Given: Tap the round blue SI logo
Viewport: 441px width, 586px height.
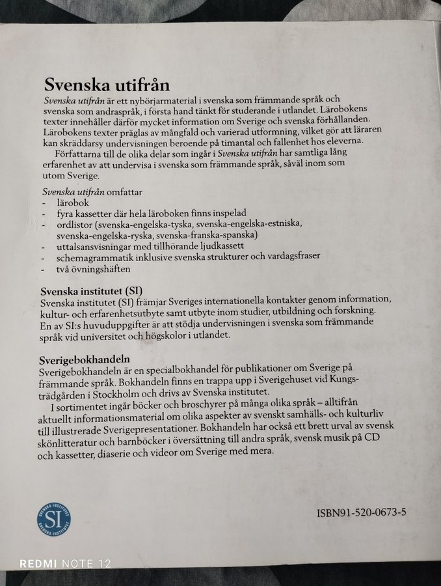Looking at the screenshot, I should tap(53, 518).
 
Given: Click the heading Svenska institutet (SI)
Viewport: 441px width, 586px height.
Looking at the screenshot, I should tap(92, 289).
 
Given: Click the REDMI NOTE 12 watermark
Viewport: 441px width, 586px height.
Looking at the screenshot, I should tap(65, 563).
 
